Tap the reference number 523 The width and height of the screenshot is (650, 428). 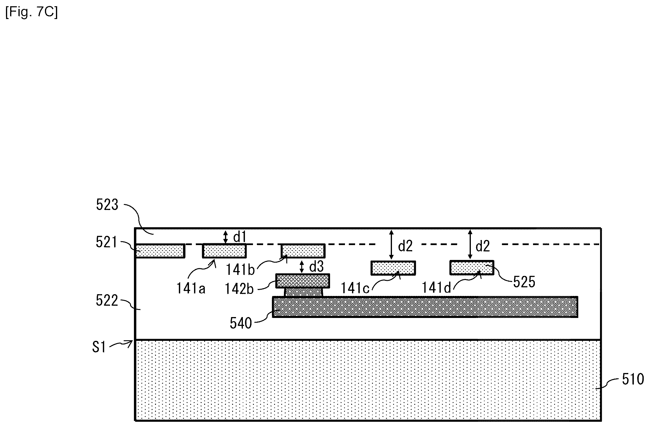coord(107,205)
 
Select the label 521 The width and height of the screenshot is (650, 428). coord(106,242)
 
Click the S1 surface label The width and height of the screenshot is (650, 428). coord(99,347)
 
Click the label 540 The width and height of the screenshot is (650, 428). coord(241,323)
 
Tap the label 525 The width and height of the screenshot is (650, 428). coord(524,282)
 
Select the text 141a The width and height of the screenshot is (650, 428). coord(191,288)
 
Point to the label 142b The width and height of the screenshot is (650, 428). coord(239,289)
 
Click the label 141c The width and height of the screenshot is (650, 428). coord(355,288)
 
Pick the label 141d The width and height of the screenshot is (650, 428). coord(437,288)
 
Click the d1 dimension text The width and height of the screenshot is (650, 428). coord(240,237)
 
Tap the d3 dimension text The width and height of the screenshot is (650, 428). coord(316,267)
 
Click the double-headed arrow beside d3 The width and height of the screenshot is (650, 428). coord(302,267)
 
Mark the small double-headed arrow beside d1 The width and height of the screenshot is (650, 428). coord(226,237)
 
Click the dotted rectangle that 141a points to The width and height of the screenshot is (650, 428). coord(224,251)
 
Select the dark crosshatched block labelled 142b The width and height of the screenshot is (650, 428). coord(303,281)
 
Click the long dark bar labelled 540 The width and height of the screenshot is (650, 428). coord(425,307)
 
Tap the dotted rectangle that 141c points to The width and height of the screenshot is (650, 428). coord(393,268)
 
